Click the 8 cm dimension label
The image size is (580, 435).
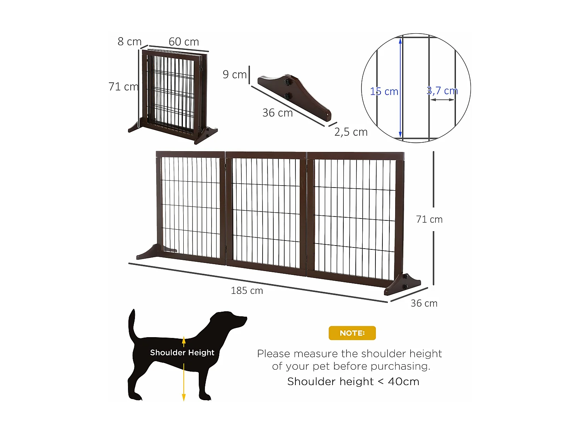point(130,41)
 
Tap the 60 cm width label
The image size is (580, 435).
point(184,42)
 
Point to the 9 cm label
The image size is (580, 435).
point(234,74)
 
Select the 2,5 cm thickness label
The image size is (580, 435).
point(351,132)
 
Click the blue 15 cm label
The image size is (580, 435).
point(384,92)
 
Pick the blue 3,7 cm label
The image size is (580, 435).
point(442,91)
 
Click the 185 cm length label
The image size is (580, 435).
point(247,290)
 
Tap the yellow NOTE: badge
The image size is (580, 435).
point(352,333)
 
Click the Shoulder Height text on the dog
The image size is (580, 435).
point(182,352)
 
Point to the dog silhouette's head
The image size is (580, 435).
point(230,320)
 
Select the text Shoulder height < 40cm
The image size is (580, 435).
point(353,382)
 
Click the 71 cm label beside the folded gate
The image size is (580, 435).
point(123,87)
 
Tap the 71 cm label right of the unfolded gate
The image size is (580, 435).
point(429,219)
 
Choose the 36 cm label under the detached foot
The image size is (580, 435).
point(277,113)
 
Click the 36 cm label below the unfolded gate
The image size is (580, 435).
point(424,303)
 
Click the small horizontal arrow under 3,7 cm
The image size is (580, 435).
point(442,100)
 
